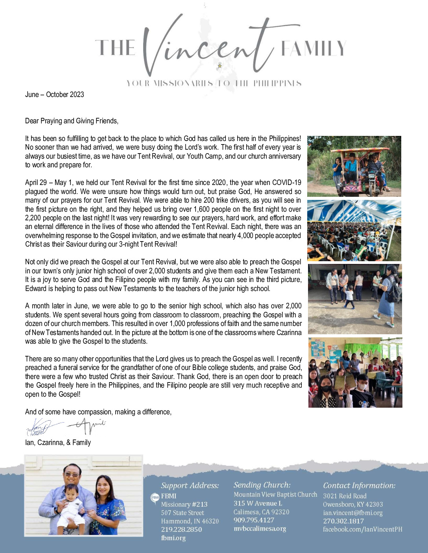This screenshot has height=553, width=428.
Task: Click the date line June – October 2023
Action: tap(54, 95)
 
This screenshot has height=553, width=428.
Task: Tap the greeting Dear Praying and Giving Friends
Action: tap(72, 121)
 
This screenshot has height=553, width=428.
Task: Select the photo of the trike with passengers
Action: tap(354, 166)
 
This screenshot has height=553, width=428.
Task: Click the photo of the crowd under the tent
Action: tap(354, 231)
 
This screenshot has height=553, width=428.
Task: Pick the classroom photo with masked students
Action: tap(355, 372)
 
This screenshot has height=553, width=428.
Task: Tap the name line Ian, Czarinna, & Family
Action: tap(58, 443)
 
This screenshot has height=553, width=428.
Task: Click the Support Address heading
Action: tap(190, 485)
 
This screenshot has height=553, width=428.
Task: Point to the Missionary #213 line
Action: tap(184, 504)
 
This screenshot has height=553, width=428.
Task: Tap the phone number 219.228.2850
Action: tap(181, 529)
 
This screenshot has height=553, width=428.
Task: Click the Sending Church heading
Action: tap(262, 485)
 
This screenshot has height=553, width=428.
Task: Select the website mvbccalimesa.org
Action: tap(260, 529)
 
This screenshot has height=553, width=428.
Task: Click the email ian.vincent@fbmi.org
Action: tap(352, 513)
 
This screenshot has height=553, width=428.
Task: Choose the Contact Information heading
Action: tap(359, 485)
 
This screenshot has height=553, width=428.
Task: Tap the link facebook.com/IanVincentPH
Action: tap(362, 529)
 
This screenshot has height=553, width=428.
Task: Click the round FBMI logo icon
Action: tap(155, 497)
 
